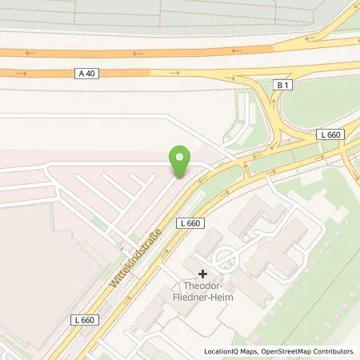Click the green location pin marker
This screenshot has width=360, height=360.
point(182,161)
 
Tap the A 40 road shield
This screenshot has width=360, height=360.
point(89,73)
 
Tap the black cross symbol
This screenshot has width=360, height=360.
point(202,274)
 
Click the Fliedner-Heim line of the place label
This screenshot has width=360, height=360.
point(202,301)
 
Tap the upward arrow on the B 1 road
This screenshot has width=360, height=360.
point(277,103)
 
